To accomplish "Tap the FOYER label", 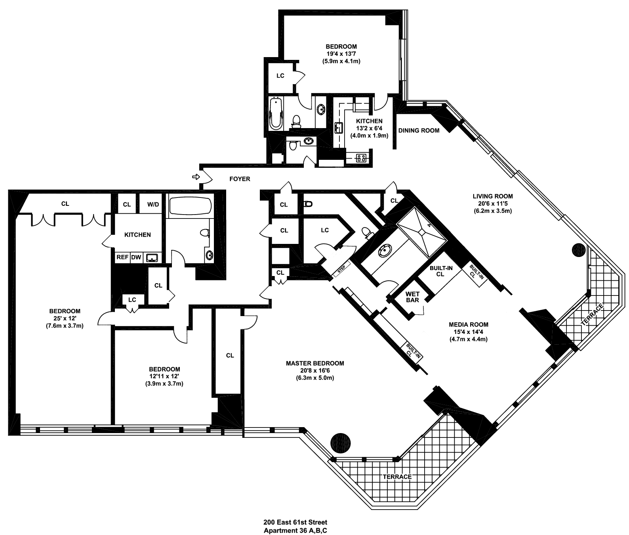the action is (x=240, y=179).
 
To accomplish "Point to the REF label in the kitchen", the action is (x=122, y=257).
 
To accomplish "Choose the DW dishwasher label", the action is (x=136, y=257).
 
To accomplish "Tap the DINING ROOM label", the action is (x=419, y=130).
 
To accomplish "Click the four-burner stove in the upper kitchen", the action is (x=361, y=158).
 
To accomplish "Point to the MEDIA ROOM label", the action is (x=468, y=324).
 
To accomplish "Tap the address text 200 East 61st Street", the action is (x=295, y=522).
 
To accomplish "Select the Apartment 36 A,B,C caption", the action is (x=295, y=530).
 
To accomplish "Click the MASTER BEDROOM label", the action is (x=315, y=363).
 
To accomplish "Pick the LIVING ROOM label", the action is (x=493, y=196).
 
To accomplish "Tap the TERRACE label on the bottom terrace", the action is (x=398, y=477).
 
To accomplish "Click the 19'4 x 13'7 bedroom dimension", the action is (x=341, y=54).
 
